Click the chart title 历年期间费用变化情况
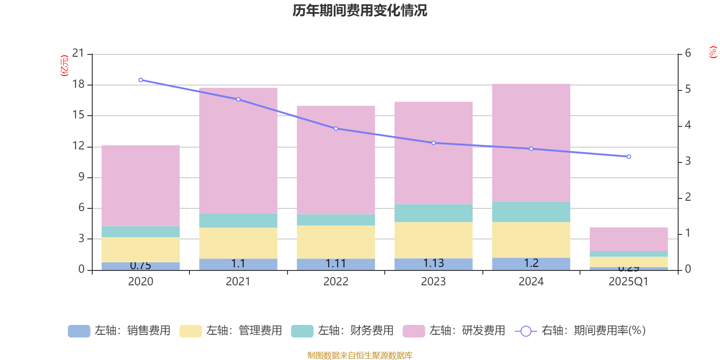(x=360, y=10)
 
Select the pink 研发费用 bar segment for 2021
(x=238, y=151)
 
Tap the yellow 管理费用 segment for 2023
(x=433, y=240)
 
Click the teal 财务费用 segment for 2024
(x=531, y=212)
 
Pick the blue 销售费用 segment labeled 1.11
(x=336, y=264)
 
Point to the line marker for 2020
(x=141, y=80)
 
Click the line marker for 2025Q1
(x=629, y=157)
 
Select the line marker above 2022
(x=336, y=129)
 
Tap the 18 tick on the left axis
(x=78, y=85)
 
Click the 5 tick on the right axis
(x=688, y=90)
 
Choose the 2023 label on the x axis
(x=433, y=282)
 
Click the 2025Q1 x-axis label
(x=628, y=282)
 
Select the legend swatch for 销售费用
(x=79, y=331)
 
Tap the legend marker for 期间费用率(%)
(x=526, y=331)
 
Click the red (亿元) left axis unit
(x=64, y=66)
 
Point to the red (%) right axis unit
(x=713, y=52)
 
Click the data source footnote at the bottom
(x=360, y=355)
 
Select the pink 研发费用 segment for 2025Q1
(x=629, y=239)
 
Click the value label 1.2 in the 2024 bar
(x=531, y=263)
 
